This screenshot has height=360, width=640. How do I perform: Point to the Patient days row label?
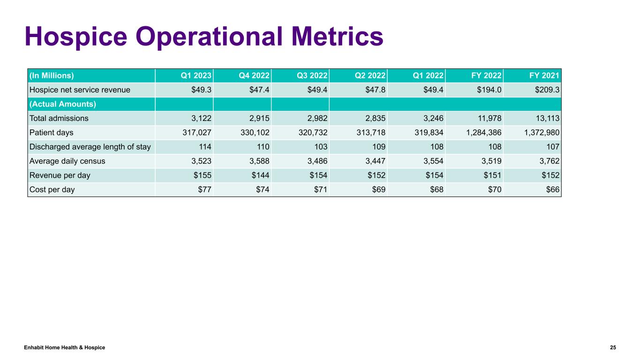[51, 133]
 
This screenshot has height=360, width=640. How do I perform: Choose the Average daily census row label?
[67, 161]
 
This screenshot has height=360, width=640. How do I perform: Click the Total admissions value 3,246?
[431, 119]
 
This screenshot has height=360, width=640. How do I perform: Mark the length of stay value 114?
[205, 147]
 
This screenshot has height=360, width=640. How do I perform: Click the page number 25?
[613, 347]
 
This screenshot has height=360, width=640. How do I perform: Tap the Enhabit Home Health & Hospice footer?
[65, 347]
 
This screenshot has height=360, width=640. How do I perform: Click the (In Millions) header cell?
[52, 75]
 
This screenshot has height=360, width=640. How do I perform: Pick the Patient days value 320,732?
[311, 133]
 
